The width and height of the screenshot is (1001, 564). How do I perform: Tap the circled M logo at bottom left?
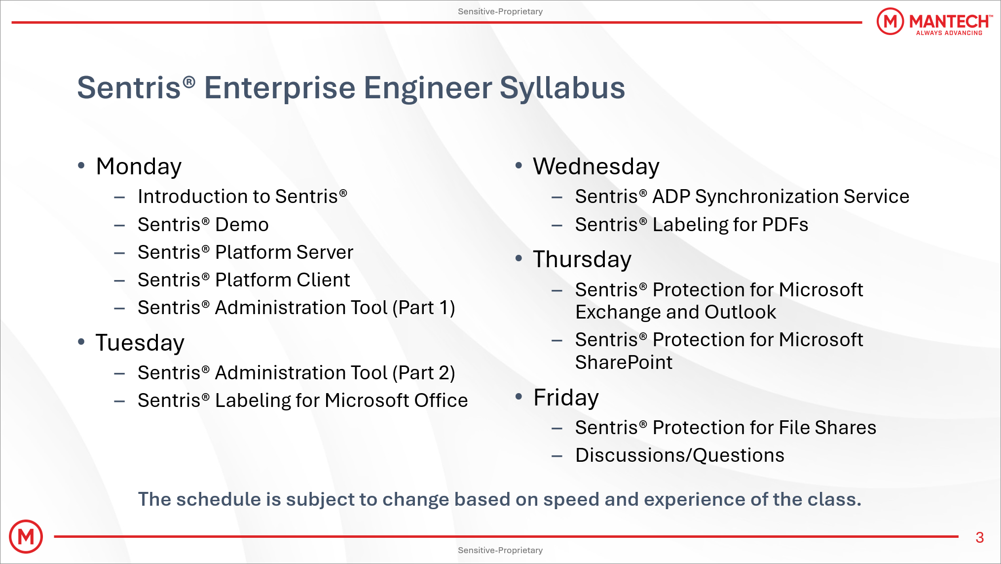click(x=26, y=536)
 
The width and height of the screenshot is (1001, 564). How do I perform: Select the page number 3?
click(x=980, y=537)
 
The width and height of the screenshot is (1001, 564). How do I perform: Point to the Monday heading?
click(x=139, y=167)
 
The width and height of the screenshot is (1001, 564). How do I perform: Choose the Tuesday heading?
click(x=140, y=343)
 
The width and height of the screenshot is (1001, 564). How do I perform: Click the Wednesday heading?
click(x=596, y=166)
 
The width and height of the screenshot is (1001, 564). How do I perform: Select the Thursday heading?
click(x=582, y=260)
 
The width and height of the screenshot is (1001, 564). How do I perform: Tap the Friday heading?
click(x=566, y=398)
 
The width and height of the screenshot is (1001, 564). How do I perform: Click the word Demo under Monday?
click(x=242, y=225)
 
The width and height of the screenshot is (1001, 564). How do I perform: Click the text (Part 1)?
click(x=424, y=308)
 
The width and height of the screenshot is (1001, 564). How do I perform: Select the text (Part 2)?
click(x=424, y=373)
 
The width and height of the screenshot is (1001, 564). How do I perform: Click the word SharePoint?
click(x=624, y=363)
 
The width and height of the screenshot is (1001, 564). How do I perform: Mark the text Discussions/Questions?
click(x=680, y=455)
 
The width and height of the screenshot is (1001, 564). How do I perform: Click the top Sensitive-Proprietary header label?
click(x=500, y=11)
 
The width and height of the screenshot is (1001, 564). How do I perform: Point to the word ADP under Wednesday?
click(x=671, y=197)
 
